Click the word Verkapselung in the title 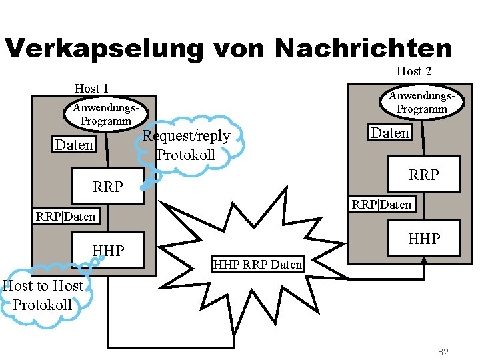point(103,49)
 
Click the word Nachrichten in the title point(363,49)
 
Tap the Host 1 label point(91,89)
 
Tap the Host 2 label point(414,71)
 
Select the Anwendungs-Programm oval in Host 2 point(422,102)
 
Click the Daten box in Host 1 point(75,145)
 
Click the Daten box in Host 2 point(390,133)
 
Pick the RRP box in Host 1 point(107,187)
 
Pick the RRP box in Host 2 point(423,175)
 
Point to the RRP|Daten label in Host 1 point(65,216)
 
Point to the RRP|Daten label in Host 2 point(382,204)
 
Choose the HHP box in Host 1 point(109,251)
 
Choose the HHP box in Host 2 point(424,239)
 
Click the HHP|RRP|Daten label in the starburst point(257,265)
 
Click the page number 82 point(444,351)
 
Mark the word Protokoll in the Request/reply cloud point(186,155)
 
